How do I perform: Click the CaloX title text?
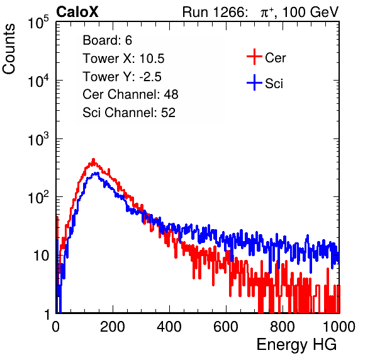(x=77, y=12)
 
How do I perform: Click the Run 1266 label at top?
(x=213, y=12)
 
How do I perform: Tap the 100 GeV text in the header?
(x=310, y=12)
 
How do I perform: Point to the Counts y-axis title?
(x=9, y=49)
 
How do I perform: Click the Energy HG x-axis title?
(x=296, y=345)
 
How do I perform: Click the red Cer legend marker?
(x=254, y=57)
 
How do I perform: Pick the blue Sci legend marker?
(x=254, y=83)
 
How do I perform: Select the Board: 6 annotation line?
(x=107, y=40)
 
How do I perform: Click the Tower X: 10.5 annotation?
(x=123, y=59)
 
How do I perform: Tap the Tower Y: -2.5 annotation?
(x=122, y=77)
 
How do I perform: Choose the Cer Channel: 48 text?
(x=130, y=94)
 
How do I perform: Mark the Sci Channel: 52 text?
(x=129, y=113)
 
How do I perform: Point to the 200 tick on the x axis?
(x=113, y=327)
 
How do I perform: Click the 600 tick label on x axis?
(x=226, y=327)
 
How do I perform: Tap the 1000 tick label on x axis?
(x=339, y=327)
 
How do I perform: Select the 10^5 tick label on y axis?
(x=38, y=23)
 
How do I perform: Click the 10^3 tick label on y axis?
(x=38, y=139)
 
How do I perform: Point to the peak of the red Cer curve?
(x=94, y=159)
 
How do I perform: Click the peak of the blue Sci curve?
(x=96, y=173)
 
